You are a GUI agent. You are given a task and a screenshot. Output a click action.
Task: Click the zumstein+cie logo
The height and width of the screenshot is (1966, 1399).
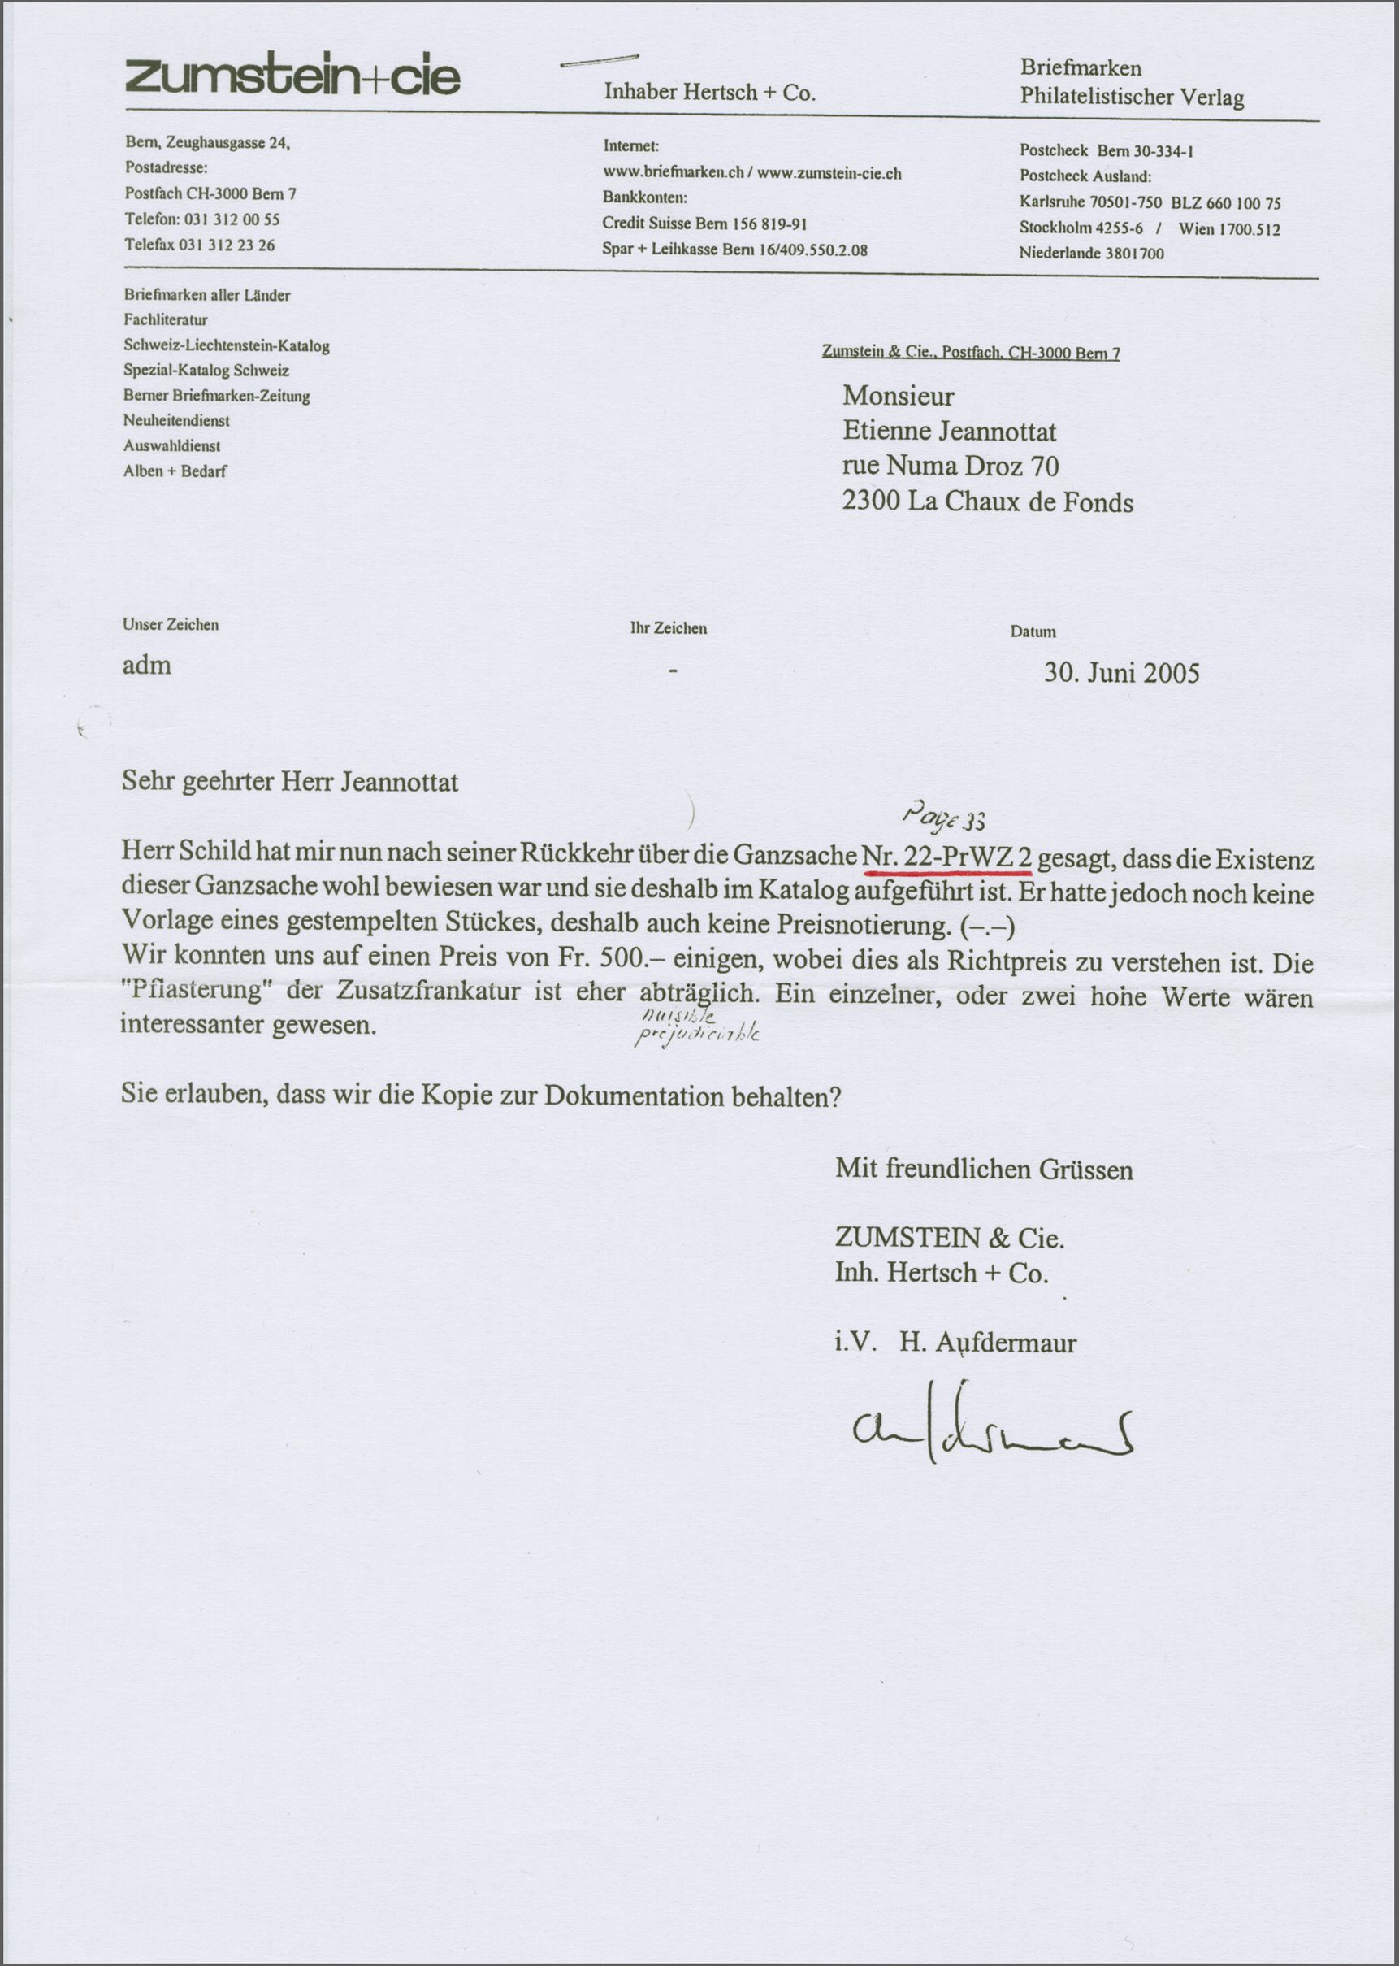coord(293,76)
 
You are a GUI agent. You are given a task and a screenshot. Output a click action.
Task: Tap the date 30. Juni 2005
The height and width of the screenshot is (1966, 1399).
coord(1121,673)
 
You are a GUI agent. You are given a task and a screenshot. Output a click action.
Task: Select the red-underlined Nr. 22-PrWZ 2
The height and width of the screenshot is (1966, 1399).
coord(946,858)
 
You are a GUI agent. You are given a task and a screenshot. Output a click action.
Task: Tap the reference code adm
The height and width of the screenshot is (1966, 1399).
coord(146,665)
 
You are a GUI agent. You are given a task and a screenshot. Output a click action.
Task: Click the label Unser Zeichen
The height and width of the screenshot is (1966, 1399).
coord(171,625)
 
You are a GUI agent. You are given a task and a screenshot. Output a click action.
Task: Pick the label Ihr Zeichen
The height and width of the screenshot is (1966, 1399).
coord(669,628)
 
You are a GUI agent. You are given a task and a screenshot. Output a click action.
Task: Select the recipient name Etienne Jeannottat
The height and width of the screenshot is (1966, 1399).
coord(948,431)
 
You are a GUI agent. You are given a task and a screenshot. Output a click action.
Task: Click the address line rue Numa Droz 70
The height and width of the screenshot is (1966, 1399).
coord(951,466)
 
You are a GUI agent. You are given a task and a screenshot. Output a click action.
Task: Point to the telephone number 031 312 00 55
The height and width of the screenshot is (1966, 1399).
coord(232,219)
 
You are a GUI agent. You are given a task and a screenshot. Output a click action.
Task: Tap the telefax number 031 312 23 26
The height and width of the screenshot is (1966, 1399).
coord(227,245)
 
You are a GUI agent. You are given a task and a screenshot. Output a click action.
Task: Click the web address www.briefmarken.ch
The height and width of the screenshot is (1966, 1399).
coord(673,172)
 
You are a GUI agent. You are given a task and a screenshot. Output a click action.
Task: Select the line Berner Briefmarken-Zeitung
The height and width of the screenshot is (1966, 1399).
coord(216,397)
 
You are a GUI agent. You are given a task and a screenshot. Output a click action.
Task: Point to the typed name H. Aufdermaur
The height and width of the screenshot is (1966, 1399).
coord(987,1343)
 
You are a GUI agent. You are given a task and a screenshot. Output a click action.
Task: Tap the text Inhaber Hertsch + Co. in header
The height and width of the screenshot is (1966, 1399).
coord(709,93)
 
